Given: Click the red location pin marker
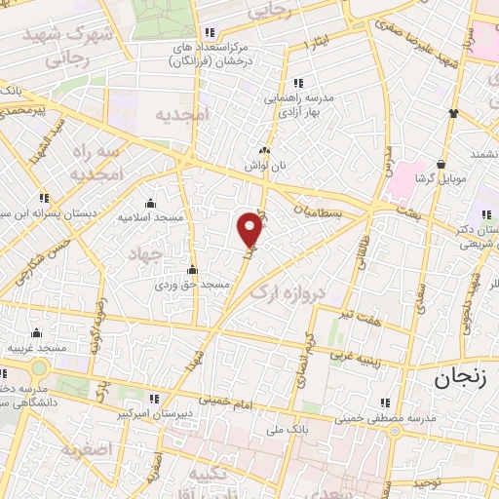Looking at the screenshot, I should [x=250, y=231].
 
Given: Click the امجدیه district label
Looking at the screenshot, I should [x=182, y=115].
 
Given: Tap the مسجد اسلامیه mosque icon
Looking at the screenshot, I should [x=150, y=203].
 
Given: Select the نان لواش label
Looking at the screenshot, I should [x=266, y=166].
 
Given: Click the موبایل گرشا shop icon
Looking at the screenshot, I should [x=443, y=164].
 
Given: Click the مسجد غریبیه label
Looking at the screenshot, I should [x=37, y=347].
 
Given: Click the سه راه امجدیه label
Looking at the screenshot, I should [x=95, y=163].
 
